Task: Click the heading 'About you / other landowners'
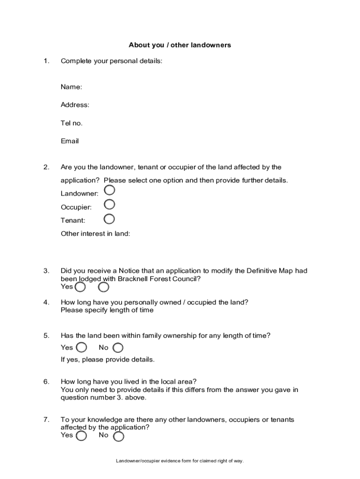[180, 45]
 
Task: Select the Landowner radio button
[109, 190]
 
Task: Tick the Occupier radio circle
[109, 204]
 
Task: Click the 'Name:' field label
[71, 87]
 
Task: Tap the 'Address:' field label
[75, 105]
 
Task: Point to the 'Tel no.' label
[72, 123]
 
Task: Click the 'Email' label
[70, 141]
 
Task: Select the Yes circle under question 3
[80, 287]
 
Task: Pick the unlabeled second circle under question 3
[103, 287]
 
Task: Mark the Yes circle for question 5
[81, 347]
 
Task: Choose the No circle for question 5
[118, 348]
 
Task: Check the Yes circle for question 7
[81, 436]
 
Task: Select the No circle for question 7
[119, 436]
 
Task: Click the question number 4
[46, 302]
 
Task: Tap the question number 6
[46, 382]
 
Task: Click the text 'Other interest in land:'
[95, 233]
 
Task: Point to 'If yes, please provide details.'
[108, 360]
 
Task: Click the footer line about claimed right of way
[180, 461]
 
